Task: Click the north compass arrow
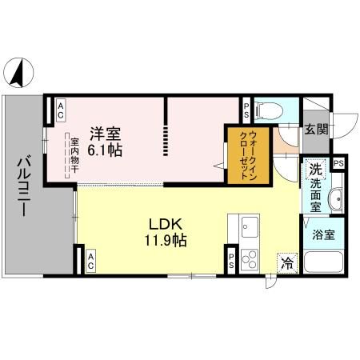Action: click(x=17, y=74)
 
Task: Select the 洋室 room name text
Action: click(x=105, y=134)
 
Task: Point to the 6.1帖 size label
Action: click(x=105, y=150)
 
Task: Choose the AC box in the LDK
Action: click(x=90, y=258)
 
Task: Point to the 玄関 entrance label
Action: click(x=314, y=129)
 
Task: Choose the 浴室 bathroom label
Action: click(x=324, y=236)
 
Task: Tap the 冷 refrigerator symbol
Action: click(x=286, y=262)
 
